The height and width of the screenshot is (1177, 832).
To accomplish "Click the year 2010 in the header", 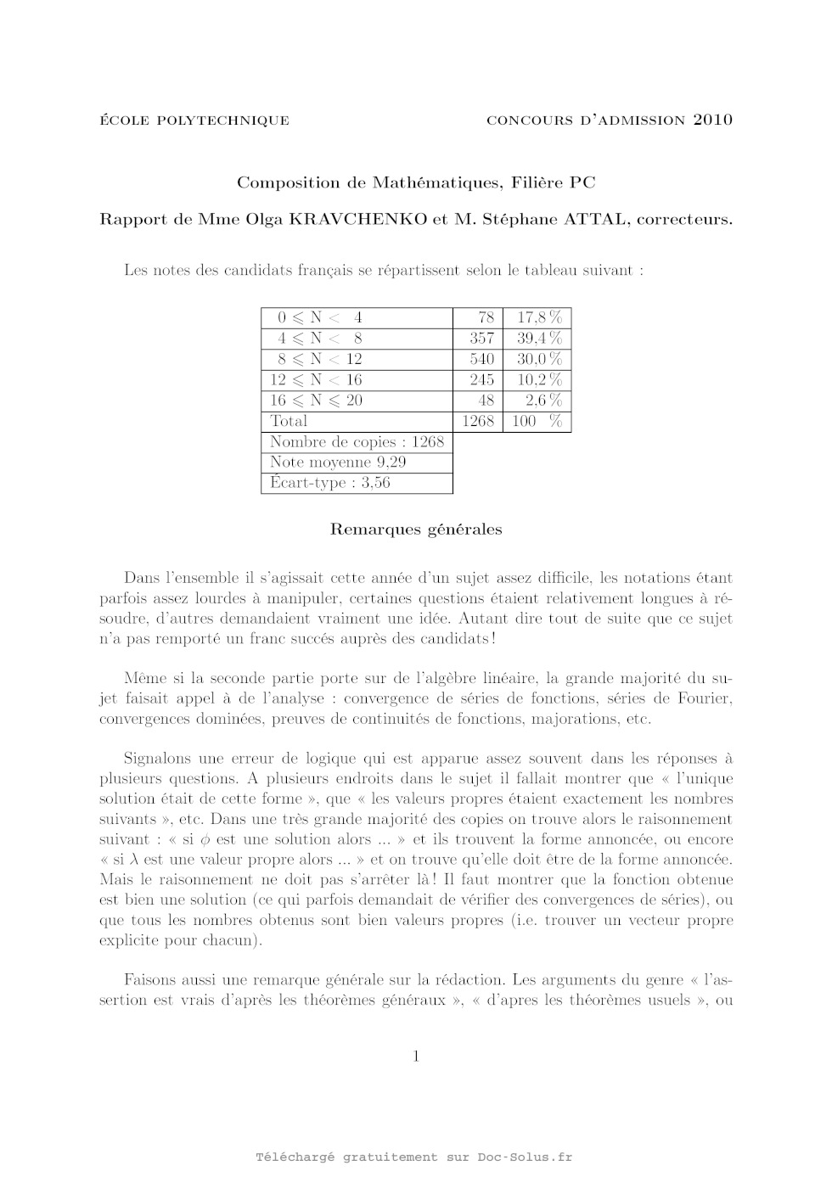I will point(712,120).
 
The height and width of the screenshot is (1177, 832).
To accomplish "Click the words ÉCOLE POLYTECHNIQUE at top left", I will point(194,121).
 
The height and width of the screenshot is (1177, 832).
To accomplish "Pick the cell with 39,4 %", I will point(538,338).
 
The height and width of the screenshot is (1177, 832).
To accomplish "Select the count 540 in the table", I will point(481,359).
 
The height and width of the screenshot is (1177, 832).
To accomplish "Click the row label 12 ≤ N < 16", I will point(316,379).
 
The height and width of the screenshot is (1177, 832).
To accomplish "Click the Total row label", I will point(289,421).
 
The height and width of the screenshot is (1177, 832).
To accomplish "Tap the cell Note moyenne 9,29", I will point(338,462).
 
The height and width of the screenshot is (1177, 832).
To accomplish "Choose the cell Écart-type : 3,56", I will point(330,483).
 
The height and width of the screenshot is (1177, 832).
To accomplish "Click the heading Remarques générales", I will point(416,530).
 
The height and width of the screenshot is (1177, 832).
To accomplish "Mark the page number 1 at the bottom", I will point(416,1056).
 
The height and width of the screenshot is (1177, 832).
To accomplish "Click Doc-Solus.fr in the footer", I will point(525,1157).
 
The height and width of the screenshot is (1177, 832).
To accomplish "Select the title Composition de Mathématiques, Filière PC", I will point(416,182).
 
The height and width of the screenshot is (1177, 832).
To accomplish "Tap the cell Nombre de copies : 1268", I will point(357,441).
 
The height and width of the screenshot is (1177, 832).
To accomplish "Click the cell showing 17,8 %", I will point(538,317).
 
